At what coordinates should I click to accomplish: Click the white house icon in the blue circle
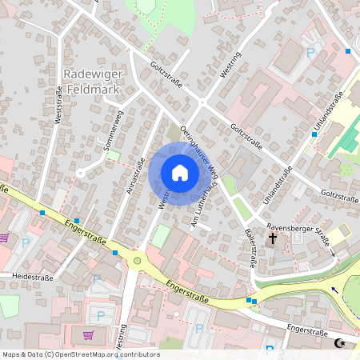click(179, 173)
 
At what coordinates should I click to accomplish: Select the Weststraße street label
click(58, 105)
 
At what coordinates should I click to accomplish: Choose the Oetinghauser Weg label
click(199, 149)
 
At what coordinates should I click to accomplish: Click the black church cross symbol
click(273, 238)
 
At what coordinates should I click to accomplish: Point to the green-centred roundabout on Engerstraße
click(137, 260)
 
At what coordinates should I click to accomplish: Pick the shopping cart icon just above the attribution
click(88, 334)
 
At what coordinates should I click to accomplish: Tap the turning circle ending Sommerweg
click(79, 172)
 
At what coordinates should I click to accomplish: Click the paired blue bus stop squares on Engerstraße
click(252, 300)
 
